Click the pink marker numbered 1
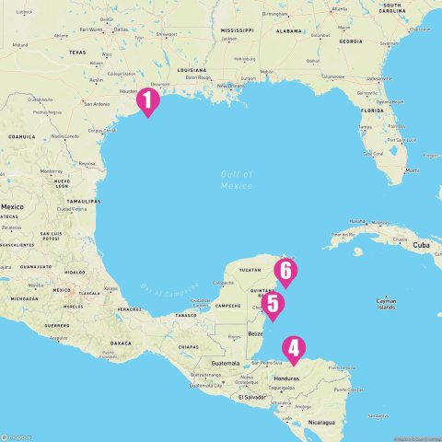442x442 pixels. coord(147,101)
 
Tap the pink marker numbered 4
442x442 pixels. coord(293,349)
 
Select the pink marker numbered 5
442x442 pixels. coord(272,304)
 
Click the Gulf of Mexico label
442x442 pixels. coord(237,180)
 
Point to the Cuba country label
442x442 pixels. coord(422,245)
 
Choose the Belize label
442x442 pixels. coord(256,332)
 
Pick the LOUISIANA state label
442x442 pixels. coord(192,69)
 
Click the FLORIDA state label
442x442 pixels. coord(372,110)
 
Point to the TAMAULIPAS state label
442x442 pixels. coord(82,199)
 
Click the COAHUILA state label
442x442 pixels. coord(20,135)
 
